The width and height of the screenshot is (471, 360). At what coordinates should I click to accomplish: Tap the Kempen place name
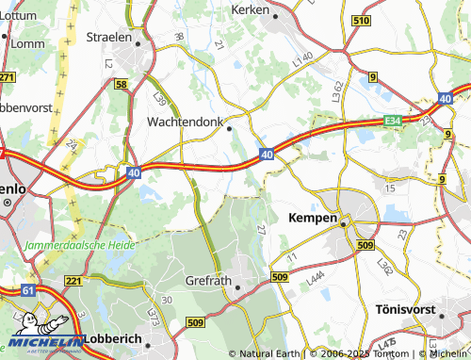coord(311,218)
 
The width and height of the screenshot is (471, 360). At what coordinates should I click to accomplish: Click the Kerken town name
coord(250,9)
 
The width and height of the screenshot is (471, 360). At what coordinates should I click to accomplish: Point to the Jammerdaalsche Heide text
coord(82,244)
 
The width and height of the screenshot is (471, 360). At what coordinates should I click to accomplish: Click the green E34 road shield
coord(393,121)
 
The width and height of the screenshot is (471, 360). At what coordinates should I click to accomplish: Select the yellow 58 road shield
coord(122,85)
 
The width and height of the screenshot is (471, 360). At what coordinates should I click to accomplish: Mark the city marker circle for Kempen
coord(346,223)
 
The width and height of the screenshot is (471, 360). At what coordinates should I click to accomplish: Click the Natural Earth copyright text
coord(272,353)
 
